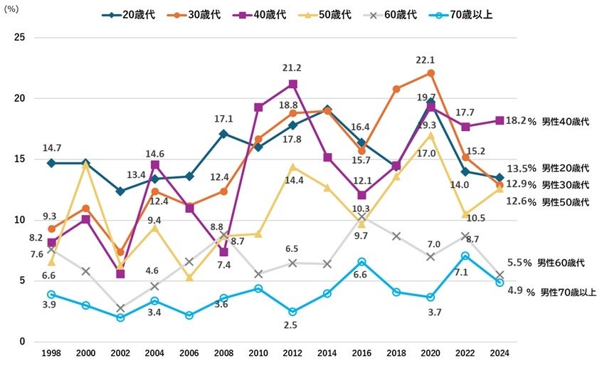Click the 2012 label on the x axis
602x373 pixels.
[292, 352]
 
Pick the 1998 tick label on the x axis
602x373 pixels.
[51, 352]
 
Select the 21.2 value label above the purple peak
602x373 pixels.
[292, 68]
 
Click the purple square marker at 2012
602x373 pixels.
[292, 84]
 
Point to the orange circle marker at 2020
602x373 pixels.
[431, 73]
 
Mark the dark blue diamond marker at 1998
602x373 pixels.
[51, 163]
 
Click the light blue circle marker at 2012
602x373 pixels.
[292, 311]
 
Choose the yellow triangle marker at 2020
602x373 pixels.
[431, 135]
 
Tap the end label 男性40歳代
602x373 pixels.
[566, 122]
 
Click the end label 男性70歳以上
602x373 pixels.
[568, 292]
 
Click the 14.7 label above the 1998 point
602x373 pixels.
[52, 148]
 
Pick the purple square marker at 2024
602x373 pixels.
[500, 120]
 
